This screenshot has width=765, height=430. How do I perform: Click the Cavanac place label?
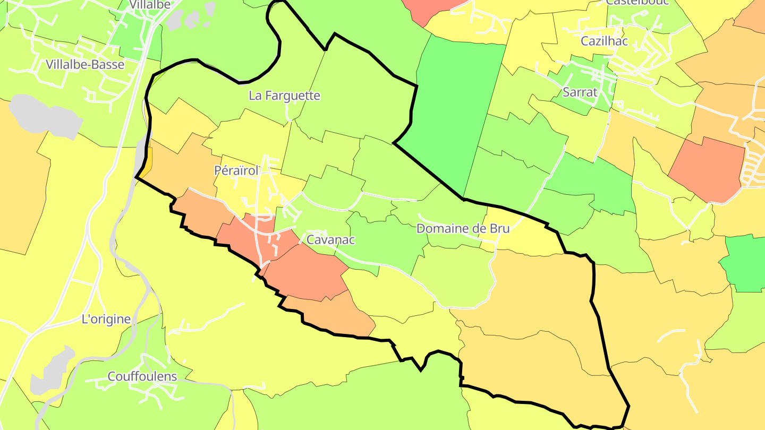(x=330, y=239)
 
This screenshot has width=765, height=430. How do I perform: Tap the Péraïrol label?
(x=236, y=171)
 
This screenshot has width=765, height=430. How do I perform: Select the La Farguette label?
(x=284, y=96)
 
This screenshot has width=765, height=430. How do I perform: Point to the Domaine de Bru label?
(x=463, y=229)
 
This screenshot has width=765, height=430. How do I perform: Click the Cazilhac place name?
(x=604, y=41)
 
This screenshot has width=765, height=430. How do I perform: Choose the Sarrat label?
(x=580, y=92)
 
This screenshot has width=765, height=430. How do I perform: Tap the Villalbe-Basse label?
(x=85, y=65)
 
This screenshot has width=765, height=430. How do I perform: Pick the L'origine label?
(x=106, y=319)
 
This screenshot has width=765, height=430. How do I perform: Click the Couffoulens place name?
(x=142, y=376)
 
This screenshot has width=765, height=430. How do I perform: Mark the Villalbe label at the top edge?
(x=149, y=5)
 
